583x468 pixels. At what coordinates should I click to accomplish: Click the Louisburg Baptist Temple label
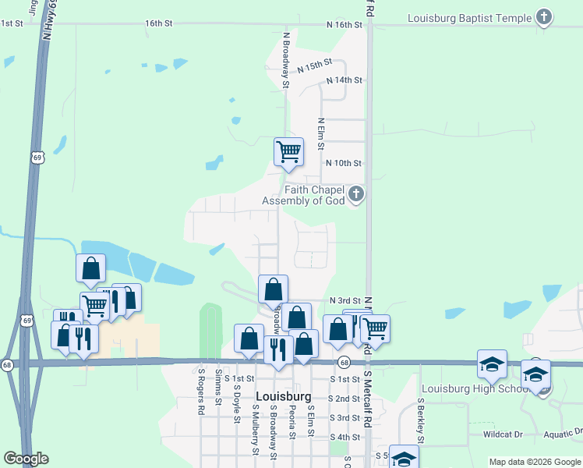coord(470,18)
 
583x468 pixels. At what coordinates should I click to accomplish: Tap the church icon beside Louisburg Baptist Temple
coord(544,17)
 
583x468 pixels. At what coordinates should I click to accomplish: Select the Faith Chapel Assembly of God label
coord(303,195)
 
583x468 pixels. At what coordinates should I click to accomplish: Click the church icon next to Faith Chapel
coord(355,193)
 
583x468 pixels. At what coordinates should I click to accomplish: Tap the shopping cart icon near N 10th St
coord(288,151)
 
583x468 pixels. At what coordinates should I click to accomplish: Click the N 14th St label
coord(344,80)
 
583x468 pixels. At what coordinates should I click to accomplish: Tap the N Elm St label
coord(320,134)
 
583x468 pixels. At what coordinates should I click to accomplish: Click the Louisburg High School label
coord(475,389)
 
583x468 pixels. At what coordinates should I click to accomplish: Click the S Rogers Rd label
coord(200,391)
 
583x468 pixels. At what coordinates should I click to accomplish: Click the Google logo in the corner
coord(26,459)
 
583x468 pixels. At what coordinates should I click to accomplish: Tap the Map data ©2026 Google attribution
coord(534,462)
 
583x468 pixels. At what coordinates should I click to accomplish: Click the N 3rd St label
coord(345,300)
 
